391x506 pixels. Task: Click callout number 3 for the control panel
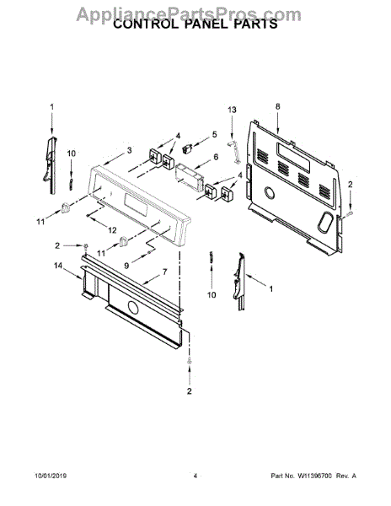(x=129, y=150)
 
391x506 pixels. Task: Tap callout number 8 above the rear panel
(x=278, y=106)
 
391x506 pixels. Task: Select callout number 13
(x=232, y=110)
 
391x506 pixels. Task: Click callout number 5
(x=215, y=135)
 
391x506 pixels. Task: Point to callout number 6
(x=216, y=157)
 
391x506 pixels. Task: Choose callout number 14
(x=58, y=266)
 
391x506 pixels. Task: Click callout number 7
(x=164, y=272)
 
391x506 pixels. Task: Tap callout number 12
(x=112, y=230)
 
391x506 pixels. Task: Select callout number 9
(x=126, y=266)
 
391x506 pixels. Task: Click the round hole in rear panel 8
(x=270, y=192)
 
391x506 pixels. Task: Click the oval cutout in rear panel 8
(x=324, y=223)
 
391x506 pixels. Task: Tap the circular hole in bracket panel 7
(x=132, y=308)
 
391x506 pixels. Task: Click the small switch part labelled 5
(x=187, y=148)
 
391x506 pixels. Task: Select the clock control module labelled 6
(x=189, y=177)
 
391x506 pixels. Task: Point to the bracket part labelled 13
(x=235, y=151)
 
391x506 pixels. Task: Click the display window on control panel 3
(x=135, y=206)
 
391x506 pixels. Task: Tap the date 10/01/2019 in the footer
(x=51, y=476)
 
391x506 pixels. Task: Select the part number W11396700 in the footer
(x=314, y=476)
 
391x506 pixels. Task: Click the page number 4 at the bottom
(x=195, y=476)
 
